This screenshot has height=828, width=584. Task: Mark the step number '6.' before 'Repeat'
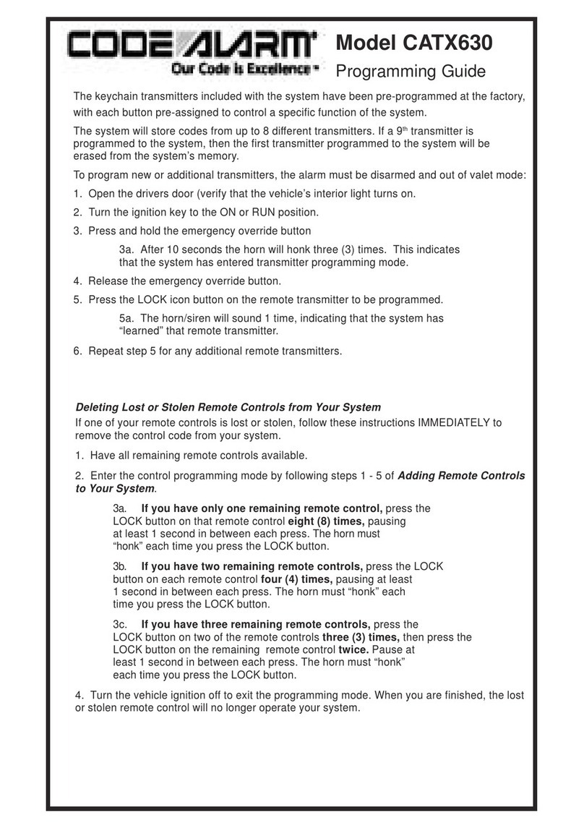(x=80, y=351)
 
